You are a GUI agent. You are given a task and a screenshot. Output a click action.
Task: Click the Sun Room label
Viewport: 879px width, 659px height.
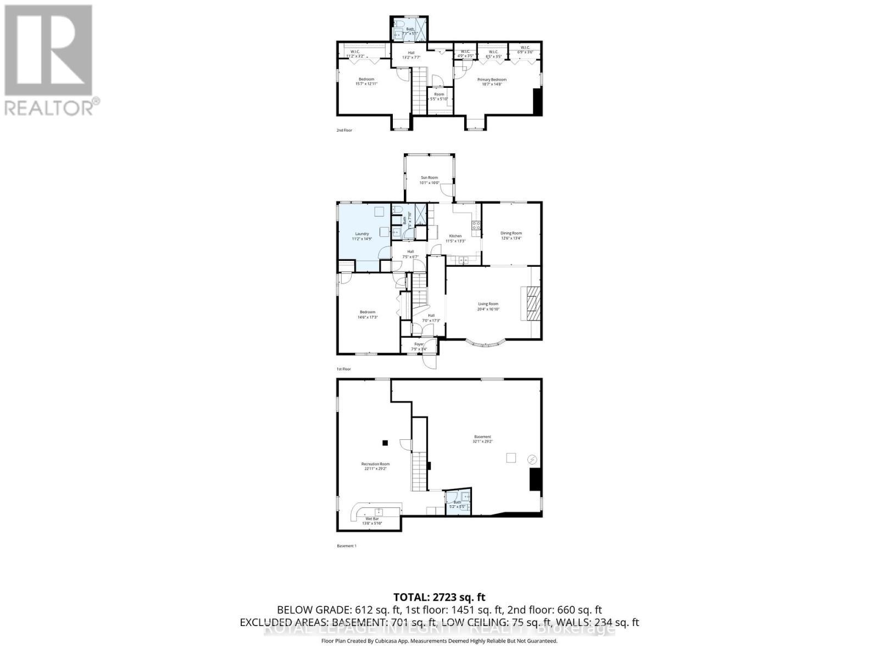429,177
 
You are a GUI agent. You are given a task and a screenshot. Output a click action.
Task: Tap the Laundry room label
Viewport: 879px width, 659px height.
361,233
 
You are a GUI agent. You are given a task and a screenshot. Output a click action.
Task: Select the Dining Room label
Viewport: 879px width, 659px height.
511,233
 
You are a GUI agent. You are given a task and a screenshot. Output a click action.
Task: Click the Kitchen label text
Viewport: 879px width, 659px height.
455,236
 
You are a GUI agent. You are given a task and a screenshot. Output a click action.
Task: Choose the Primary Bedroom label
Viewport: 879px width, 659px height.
492,80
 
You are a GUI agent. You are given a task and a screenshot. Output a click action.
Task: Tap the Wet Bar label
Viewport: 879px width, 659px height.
372,518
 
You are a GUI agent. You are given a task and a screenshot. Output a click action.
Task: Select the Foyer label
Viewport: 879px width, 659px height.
419,344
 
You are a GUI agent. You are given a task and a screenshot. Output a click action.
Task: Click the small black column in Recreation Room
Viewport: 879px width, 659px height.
385,443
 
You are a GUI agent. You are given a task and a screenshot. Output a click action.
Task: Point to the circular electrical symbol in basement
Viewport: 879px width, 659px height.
532,459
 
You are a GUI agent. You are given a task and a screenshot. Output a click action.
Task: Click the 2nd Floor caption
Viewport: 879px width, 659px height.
344,130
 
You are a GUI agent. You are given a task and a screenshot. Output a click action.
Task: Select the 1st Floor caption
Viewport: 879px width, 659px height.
343,369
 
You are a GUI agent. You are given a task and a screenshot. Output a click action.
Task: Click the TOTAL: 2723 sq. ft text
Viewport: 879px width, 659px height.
439,597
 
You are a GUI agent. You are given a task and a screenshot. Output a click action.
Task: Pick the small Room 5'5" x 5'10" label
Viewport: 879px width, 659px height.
439,94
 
